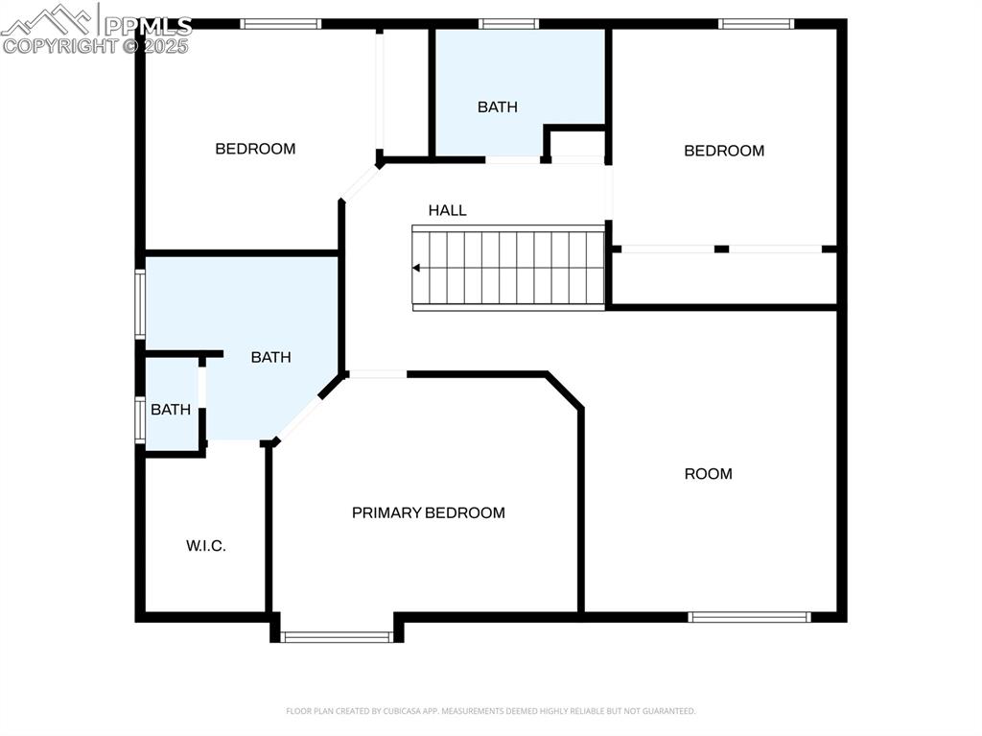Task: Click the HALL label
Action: tap(447, 210)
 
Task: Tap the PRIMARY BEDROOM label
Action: tap(428, 512)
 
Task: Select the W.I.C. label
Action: tap(205, 546)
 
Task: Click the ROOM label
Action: tap(708, 473)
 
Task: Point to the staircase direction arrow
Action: tap(417, 269)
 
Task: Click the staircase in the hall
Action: tap(509, 268)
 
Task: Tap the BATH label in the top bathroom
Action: tap(497, 107)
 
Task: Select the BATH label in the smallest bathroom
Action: tap(171, 410)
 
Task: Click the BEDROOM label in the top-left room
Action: tap(255, 149)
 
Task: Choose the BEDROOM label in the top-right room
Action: tap(723, 151)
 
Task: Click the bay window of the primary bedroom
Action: tap(337, 636)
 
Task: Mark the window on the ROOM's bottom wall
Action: tap(749, 617)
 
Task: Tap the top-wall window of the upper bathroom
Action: tap(508, 24)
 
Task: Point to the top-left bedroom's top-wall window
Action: tap(280, 24)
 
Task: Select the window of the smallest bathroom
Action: tap(140, 419)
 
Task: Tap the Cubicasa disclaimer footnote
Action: tap(490, 711)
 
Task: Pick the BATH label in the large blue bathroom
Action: tap(270, 357)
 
